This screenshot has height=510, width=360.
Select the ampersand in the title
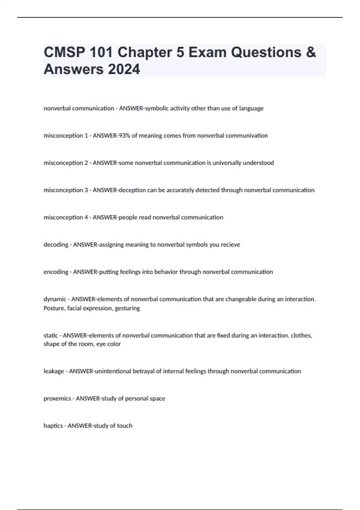click(x=311, y=52)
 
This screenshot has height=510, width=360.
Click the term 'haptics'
click(x=53, y=426)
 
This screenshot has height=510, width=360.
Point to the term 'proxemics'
click(x=57, y=398)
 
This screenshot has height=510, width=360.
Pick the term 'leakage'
click(x=54, y=371)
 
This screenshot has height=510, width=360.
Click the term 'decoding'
click(x=56, y=244)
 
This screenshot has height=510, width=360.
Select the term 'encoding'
click(x=56, y=272)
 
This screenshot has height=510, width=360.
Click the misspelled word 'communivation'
click(x=247, y=136)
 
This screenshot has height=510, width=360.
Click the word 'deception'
click(x=132, y=190)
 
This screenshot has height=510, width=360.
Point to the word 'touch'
click(x=124, y=426)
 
